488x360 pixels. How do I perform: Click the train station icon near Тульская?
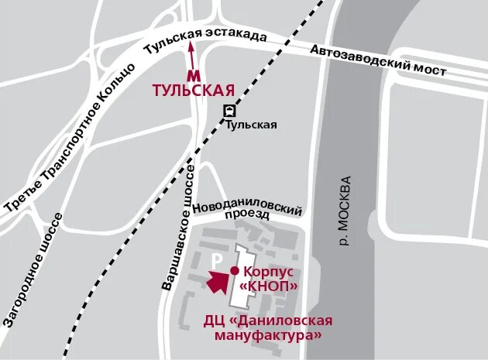click(229, 111)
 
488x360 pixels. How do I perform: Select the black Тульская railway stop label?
click(251, 125)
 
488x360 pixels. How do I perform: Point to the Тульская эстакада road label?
click(205, 40)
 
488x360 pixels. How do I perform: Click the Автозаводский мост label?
click(379, 60)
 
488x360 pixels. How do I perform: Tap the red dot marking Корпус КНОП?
click(235, 270)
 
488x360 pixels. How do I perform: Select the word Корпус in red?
click(269, 272)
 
